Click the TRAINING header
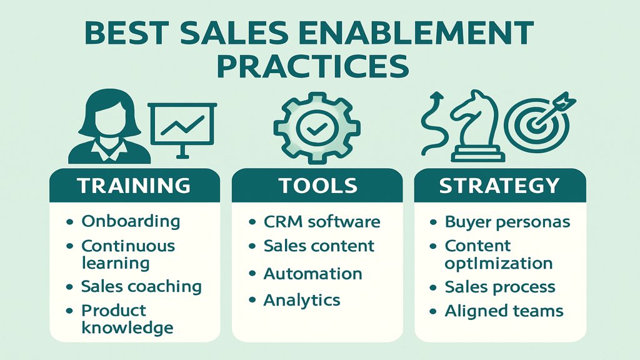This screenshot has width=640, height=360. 134,186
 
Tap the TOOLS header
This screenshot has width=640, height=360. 318,186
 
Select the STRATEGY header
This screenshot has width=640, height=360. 499,186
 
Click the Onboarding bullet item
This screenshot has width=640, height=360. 131,221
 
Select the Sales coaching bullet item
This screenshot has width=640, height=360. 141,287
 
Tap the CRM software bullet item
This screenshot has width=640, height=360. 322,222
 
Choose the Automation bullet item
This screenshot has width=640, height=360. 312,274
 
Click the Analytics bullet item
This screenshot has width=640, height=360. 302,300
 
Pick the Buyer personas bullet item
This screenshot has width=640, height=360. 507,222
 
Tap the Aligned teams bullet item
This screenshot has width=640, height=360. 504,311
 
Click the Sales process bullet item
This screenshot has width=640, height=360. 499,287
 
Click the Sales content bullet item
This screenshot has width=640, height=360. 319,246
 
